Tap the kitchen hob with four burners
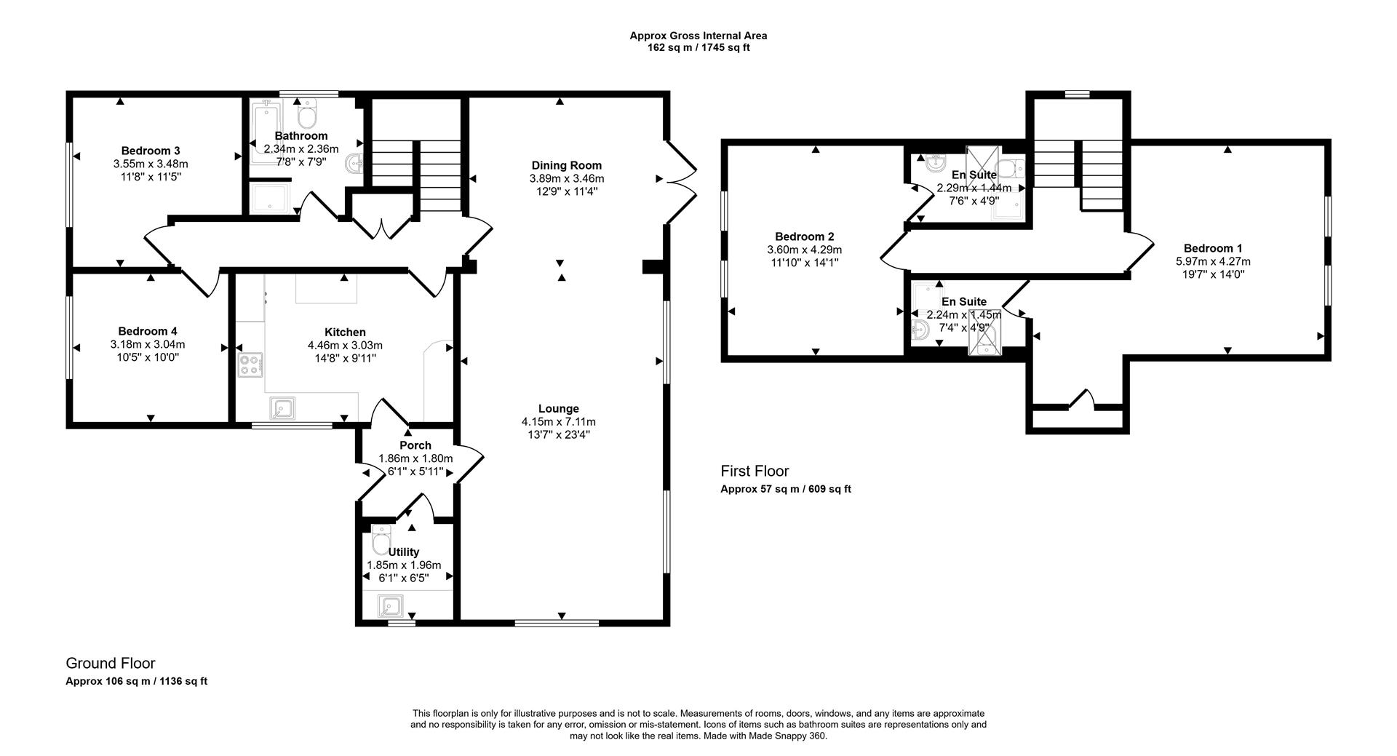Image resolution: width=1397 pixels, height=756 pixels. (250, 364)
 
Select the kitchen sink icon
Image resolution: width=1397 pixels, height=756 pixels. (282, 409)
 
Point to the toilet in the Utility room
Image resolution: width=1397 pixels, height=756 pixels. (381, 540)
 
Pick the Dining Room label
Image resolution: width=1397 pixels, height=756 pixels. (566, 165)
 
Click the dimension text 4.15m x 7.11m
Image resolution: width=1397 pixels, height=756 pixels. (558, 422)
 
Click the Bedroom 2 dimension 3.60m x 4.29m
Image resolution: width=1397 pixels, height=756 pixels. (804, 250)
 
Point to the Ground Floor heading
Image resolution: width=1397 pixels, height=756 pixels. (111, 663)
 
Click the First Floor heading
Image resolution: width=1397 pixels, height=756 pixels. (755, 471)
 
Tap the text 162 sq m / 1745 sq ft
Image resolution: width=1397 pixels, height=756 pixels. (698, 48)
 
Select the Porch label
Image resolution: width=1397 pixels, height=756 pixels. (415, 445)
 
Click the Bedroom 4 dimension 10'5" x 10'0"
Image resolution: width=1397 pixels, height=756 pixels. (148, 357)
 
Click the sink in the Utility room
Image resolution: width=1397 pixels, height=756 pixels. (391, 605)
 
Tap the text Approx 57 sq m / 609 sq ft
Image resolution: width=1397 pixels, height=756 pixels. (785, 489)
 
